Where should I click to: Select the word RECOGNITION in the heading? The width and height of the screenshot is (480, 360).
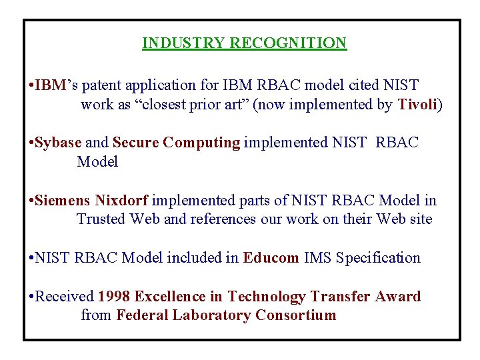pyautogui.click(x=288, y=43)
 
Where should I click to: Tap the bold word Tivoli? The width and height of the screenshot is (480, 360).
pyautogui.click(x=418, y=105)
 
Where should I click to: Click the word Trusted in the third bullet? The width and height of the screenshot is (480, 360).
pyautogui.click(x=101, y=219)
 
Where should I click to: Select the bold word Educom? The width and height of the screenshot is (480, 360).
pyautogui.click(x=271, y=258)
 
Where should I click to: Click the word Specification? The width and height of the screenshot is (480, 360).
pyautogui.click(x=379, y=258)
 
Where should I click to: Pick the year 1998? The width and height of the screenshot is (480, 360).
pyautogui.click(x=113, y=296)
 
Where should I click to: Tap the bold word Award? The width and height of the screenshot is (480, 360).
pyautogui.click(x=397, y=296)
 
